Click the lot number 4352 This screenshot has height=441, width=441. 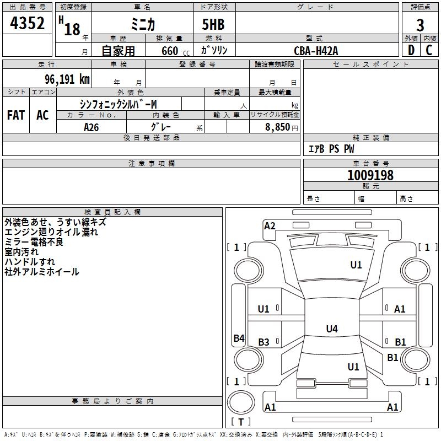[x=27, y=23]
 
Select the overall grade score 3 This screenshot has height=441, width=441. [x=420, y=25]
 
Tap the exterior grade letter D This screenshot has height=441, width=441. [x=411, y=50]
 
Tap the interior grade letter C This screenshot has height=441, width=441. [x=429, y=50]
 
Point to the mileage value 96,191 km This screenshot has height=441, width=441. [x=67, y=79]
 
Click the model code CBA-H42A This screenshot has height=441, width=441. [x=316, y=51]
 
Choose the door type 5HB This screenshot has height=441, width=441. [x=213, y=24]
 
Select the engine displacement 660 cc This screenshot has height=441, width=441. [x=175, y=51]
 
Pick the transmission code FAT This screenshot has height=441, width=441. [x=16, y=115]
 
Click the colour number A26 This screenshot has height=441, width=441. [x=91, y=127]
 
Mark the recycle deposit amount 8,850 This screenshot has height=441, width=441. [x=277, y=127]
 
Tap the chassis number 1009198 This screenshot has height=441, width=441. [x=370, y=175]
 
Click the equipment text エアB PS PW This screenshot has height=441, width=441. [x=331, y=149]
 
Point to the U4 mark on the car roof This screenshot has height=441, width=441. [x=332, y=329]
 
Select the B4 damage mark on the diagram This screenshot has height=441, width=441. [x=239, y=338]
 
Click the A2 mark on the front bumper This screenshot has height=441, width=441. [x=270, y=226]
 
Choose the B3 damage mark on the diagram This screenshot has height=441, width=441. [x=264, y=342]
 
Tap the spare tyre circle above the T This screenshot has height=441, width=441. [x=241, y=402]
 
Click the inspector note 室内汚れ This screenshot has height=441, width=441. [x=21, y=252]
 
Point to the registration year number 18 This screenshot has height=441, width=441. [x=72, y=29]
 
